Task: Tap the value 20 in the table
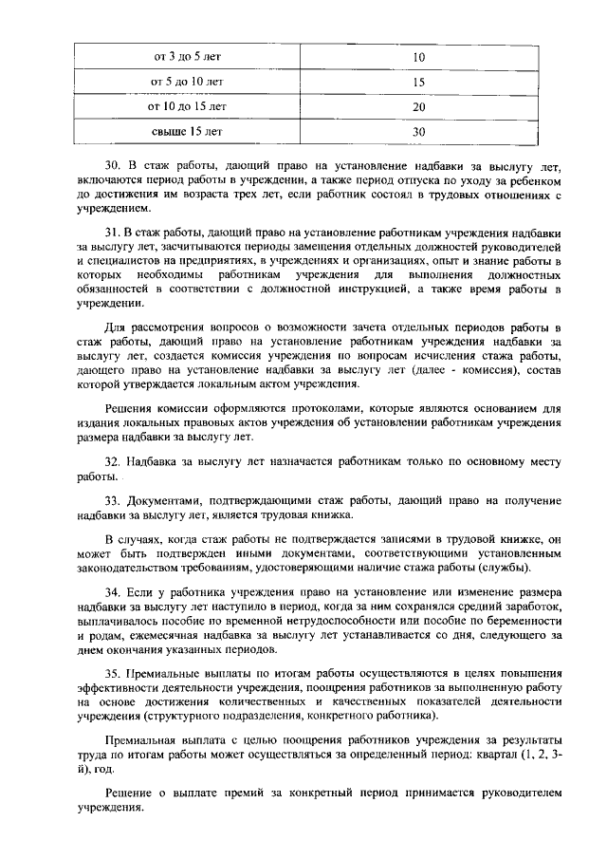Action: click(x=418, y=106)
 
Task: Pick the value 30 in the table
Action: click(x=418, y=131)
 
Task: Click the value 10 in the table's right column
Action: click(x=418, y=57)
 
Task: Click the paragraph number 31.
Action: click(x=112, y=232)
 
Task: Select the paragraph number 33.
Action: click(x=112, y=500)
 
